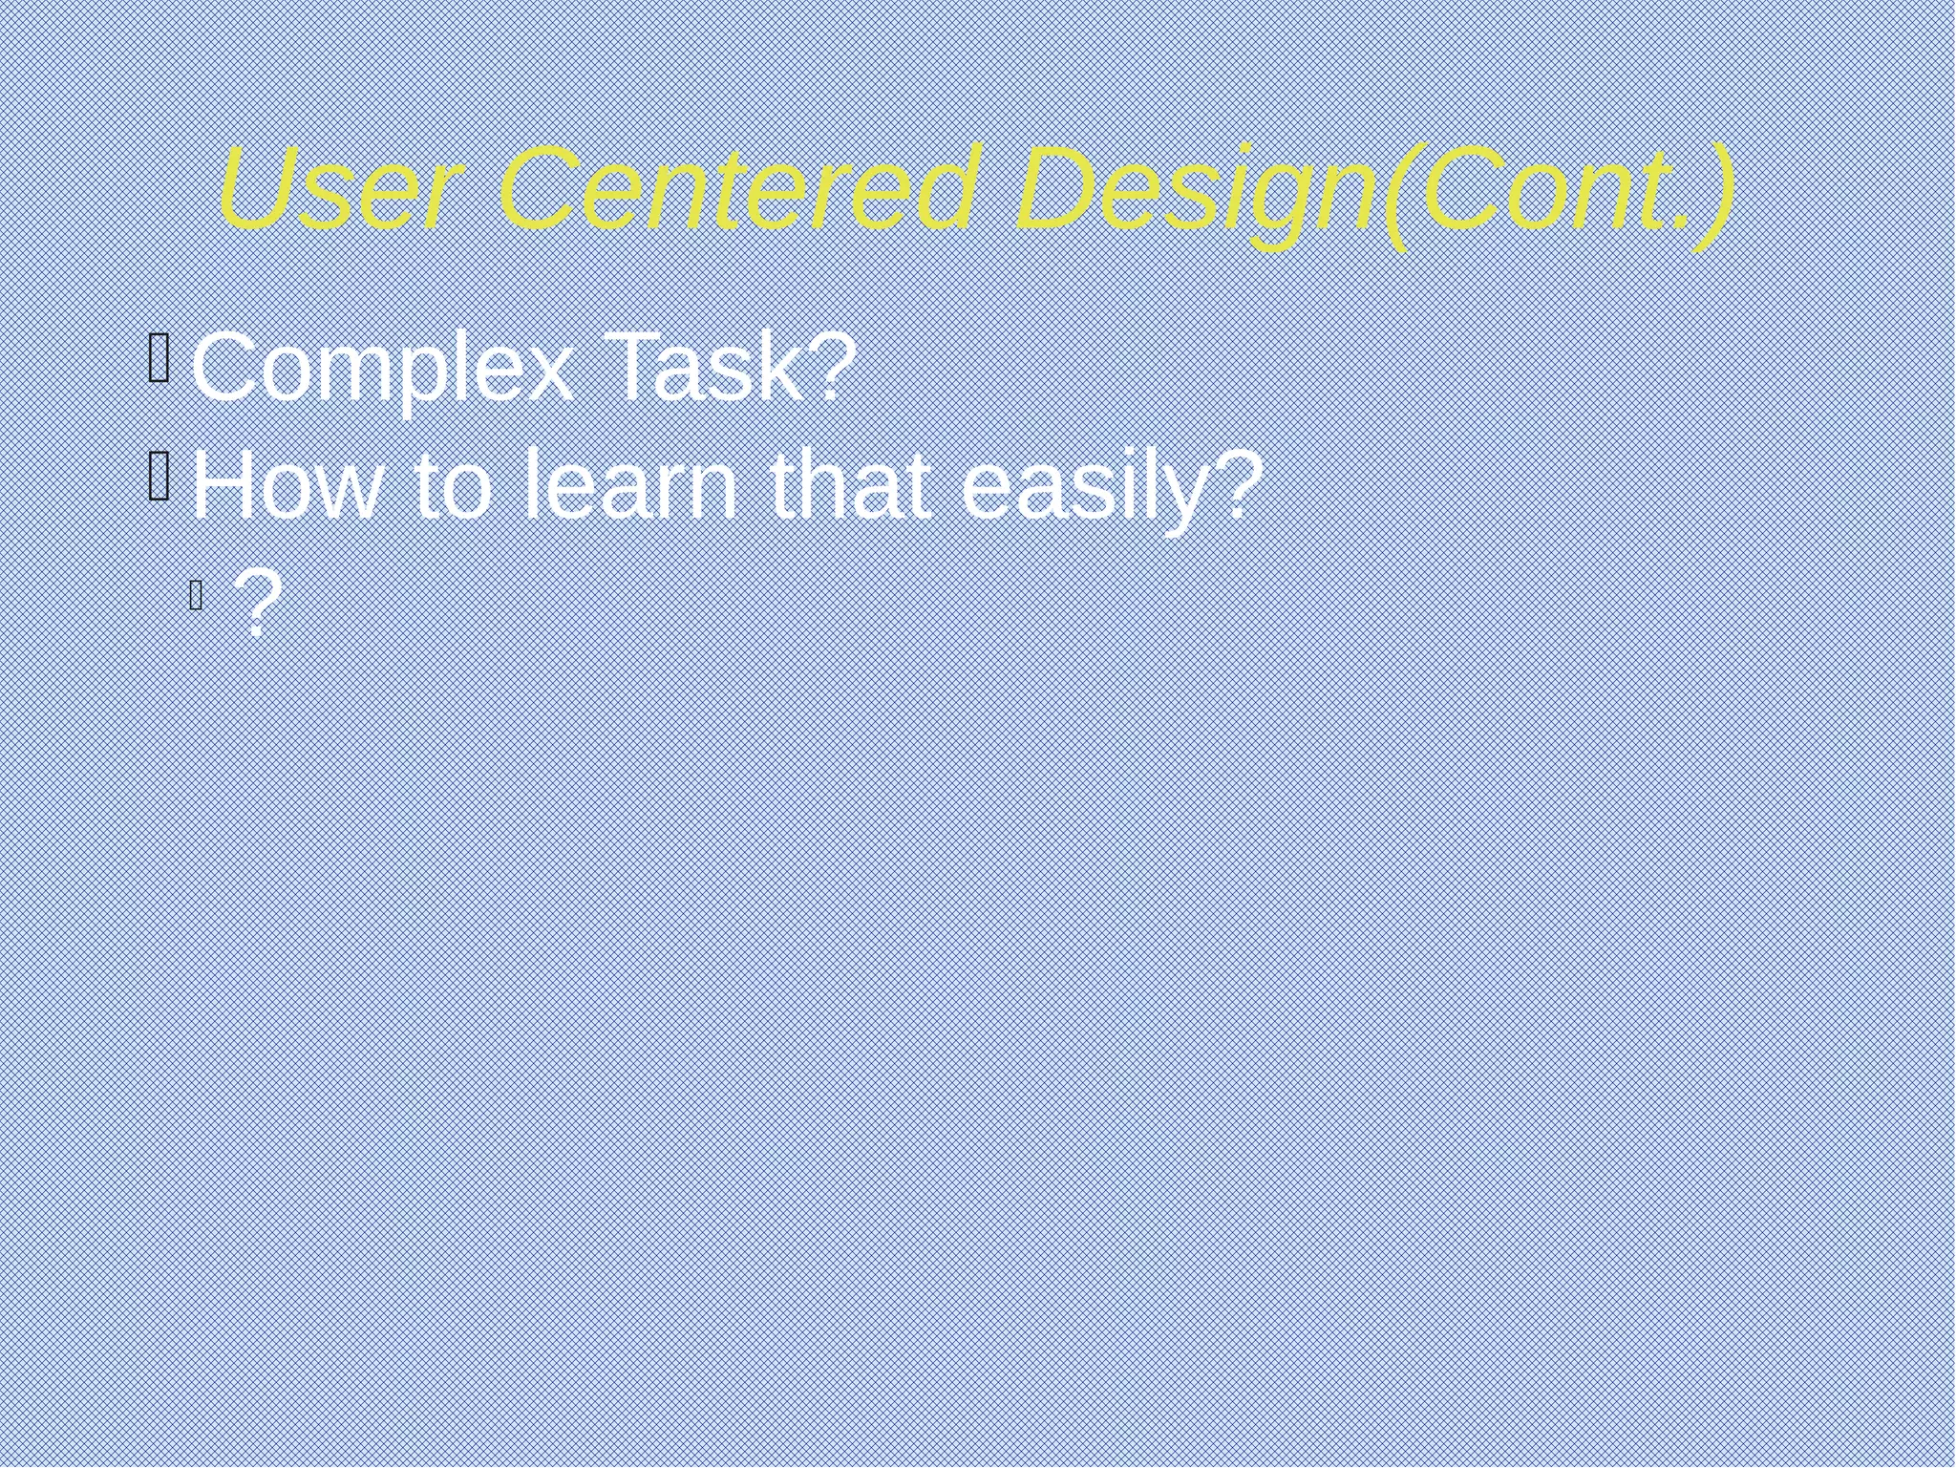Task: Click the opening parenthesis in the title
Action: tap(1398, 195)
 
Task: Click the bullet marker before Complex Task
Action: tap(159, 357)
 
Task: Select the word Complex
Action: tap(383, 369)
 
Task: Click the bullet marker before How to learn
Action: tap(159, 475)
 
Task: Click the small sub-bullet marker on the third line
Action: tap(196, 596)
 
